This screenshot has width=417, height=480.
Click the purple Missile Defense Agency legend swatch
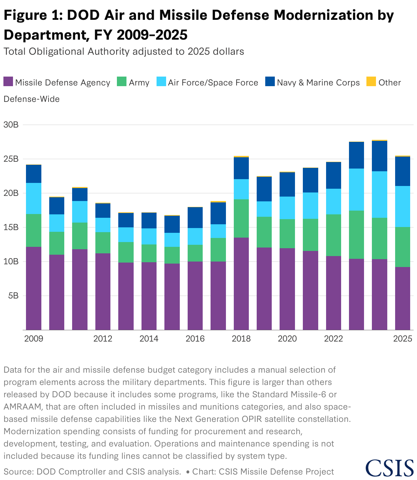(x=8, y=82)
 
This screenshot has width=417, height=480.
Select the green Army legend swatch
(x=122, y=82)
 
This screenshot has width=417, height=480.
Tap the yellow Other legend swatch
(x=371, y=82)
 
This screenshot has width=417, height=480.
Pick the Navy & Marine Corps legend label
(x=318, y=83)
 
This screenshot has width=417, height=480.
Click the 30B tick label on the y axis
(x=11, y=125)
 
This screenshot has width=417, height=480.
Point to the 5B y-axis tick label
(x=13, y=296)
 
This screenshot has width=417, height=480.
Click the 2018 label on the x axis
(x=241, y=339)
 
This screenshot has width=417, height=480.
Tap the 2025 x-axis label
(x=403, y=339)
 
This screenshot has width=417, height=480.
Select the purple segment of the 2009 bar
(x=34, y=288)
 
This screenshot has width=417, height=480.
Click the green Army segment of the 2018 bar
(x=241, y=218)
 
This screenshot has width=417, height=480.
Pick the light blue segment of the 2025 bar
(x=403, y=206)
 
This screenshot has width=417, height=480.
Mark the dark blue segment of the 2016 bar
(x=195, y=217)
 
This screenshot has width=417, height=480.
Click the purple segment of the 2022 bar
(x=334, y=293)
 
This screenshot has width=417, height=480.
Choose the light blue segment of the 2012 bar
(x=103, y=225)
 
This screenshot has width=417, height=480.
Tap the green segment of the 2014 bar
(x=149, y=253)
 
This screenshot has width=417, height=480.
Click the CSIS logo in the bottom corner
(x=389, y=468)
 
